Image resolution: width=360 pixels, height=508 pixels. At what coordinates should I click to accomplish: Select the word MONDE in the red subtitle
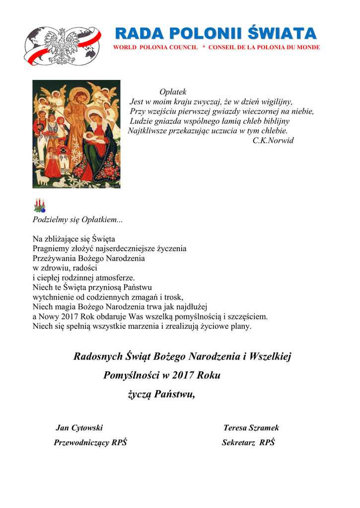coord(308,47)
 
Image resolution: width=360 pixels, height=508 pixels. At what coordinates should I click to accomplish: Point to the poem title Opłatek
coord(173,92)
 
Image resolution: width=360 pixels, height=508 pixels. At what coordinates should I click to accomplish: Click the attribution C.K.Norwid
coord(273,140)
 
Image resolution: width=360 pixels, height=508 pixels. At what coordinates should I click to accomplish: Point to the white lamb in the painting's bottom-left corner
coord(41,178)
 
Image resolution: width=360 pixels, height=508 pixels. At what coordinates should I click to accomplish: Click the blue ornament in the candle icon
coord(43,210)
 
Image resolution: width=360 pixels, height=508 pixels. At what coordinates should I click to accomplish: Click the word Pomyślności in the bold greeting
coord(130,376)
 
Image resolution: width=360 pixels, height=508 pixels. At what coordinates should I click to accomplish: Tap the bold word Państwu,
coord(174,394)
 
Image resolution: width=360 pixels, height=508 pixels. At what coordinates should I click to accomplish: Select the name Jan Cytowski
coord(79,428)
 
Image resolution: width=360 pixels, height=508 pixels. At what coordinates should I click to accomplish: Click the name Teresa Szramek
coord(251,428)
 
